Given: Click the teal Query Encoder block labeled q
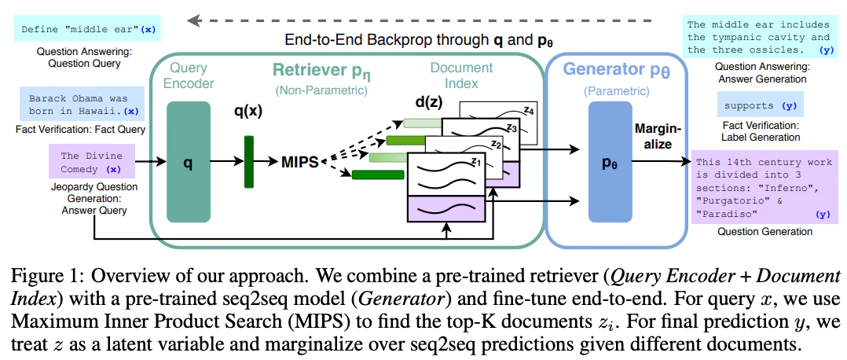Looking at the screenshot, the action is pos(188,162).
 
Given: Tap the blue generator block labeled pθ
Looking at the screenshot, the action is pos(610,162).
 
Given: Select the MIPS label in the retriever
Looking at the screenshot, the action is pos(300,162).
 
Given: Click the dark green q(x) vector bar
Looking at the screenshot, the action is pos(248,162).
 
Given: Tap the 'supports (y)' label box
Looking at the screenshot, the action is pos(760,105).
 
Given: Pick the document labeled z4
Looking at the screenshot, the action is pos(498,123).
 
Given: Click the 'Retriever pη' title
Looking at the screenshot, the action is pos(317,70).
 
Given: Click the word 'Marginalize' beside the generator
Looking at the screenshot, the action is pos(654,137).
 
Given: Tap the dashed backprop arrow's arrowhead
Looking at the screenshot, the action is pos(192,21).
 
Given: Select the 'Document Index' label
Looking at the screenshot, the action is pos(461,75).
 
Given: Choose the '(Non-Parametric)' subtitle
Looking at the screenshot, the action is pos(321,90).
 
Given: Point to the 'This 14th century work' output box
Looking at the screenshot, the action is pos(763,187).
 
